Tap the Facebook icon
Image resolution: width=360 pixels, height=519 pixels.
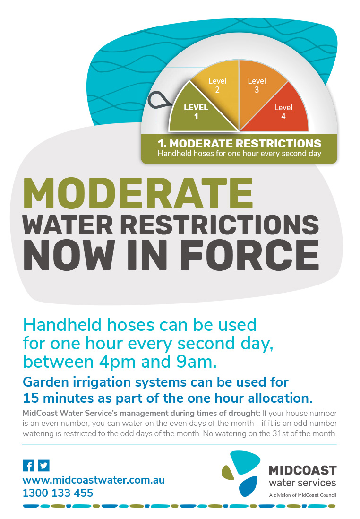pyautogui.click(x=28, y=466)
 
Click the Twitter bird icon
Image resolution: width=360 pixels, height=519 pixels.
pyautogui.click(x=43, y=466)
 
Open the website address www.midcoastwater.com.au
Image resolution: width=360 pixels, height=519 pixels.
pyautogui.click(x=94, y=480)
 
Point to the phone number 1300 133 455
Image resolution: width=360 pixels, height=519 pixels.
pyautogui.click(x=58, y=493)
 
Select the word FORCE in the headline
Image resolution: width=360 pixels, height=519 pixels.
pyautogui.click(x=249, y=254)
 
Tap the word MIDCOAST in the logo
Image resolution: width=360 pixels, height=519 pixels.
pyautogui.click(x=303, y=470)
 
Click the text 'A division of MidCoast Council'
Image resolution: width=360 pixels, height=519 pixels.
pyautogui.click(x=303, y=495)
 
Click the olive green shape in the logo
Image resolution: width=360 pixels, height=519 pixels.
pyautogui.click(x=228, y=473)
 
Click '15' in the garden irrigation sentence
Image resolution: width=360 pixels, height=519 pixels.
pyautogui.click(x=31, y=398)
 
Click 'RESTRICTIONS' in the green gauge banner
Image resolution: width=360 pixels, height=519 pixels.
pyautogui.click(x=278, y=143)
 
